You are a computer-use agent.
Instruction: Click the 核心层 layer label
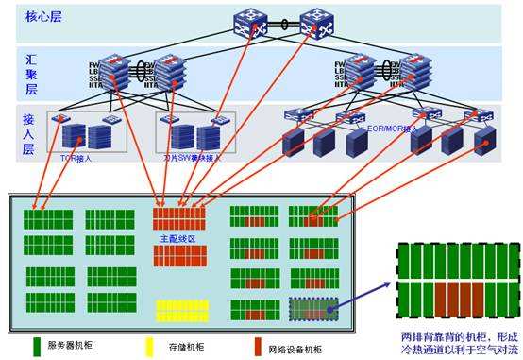tap(37, 18)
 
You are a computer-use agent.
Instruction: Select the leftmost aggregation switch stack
tap(113, 72)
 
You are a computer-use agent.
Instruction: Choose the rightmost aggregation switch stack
tap(416, 72)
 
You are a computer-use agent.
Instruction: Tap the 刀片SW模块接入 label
tap(194, 158)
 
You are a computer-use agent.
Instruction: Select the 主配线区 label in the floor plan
tap(178, 239)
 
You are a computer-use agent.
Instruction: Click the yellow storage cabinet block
tap(182, 311)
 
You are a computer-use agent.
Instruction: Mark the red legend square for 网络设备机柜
tap(260, 346)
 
